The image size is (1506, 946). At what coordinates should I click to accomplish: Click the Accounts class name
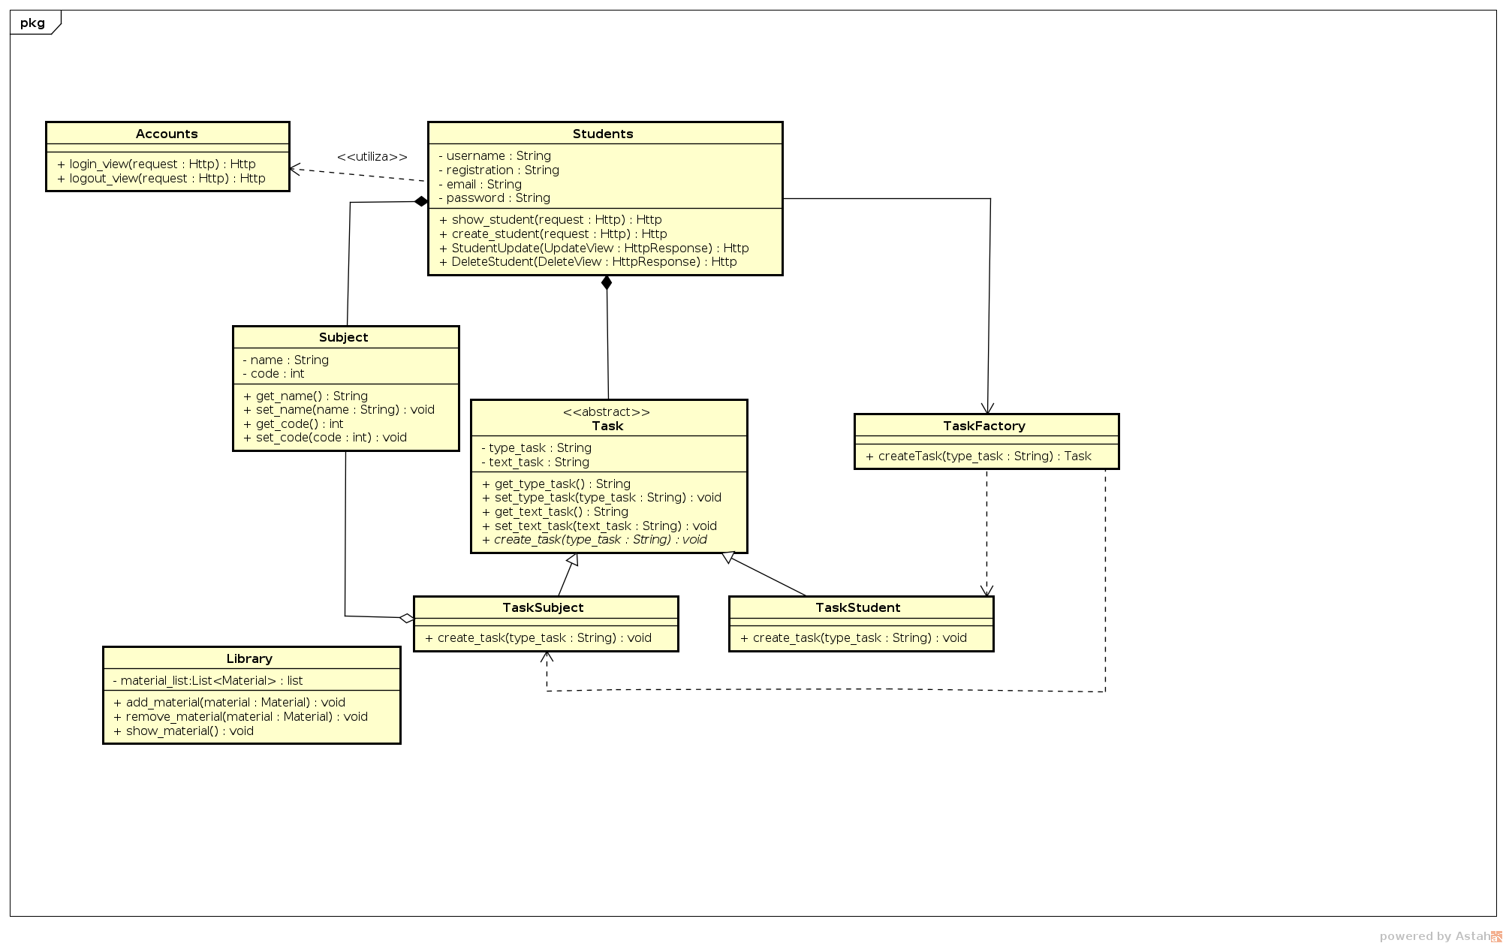[167, 134]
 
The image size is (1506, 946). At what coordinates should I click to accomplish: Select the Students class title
[603, 134]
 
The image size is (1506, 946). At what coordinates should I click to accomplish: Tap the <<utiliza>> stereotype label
[372, 157]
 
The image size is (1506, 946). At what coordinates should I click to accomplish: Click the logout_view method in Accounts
[161, 179]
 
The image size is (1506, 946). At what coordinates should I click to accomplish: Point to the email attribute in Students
[480, 185]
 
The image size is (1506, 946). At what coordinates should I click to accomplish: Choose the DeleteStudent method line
[588, 262]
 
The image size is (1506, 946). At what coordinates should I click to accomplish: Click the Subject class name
[343, 337]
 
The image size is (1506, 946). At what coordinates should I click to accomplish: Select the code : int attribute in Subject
[273, 374]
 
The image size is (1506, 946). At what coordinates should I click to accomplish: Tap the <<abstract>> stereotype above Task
[607, 412]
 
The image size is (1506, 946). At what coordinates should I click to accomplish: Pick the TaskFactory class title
[983, 426]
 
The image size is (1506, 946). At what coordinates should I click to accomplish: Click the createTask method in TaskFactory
[978, 456]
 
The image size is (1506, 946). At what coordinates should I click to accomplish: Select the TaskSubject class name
[543, 607]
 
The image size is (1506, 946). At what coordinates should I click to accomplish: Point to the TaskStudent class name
[857, 607]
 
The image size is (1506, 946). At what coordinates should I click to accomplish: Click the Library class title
[249, 658]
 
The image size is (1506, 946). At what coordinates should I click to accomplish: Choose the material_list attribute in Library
[207, 681]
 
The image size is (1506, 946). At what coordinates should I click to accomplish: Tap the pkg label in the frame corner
[32, 23]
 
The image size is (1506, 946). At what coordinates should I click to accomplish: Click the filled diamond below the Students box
[607, 283]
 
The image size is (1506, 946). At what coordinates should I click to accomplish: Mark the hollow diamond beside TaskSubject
[406, 619]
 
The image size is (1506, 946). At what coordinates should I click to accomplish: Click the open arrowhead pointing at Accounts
[295, 170]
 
